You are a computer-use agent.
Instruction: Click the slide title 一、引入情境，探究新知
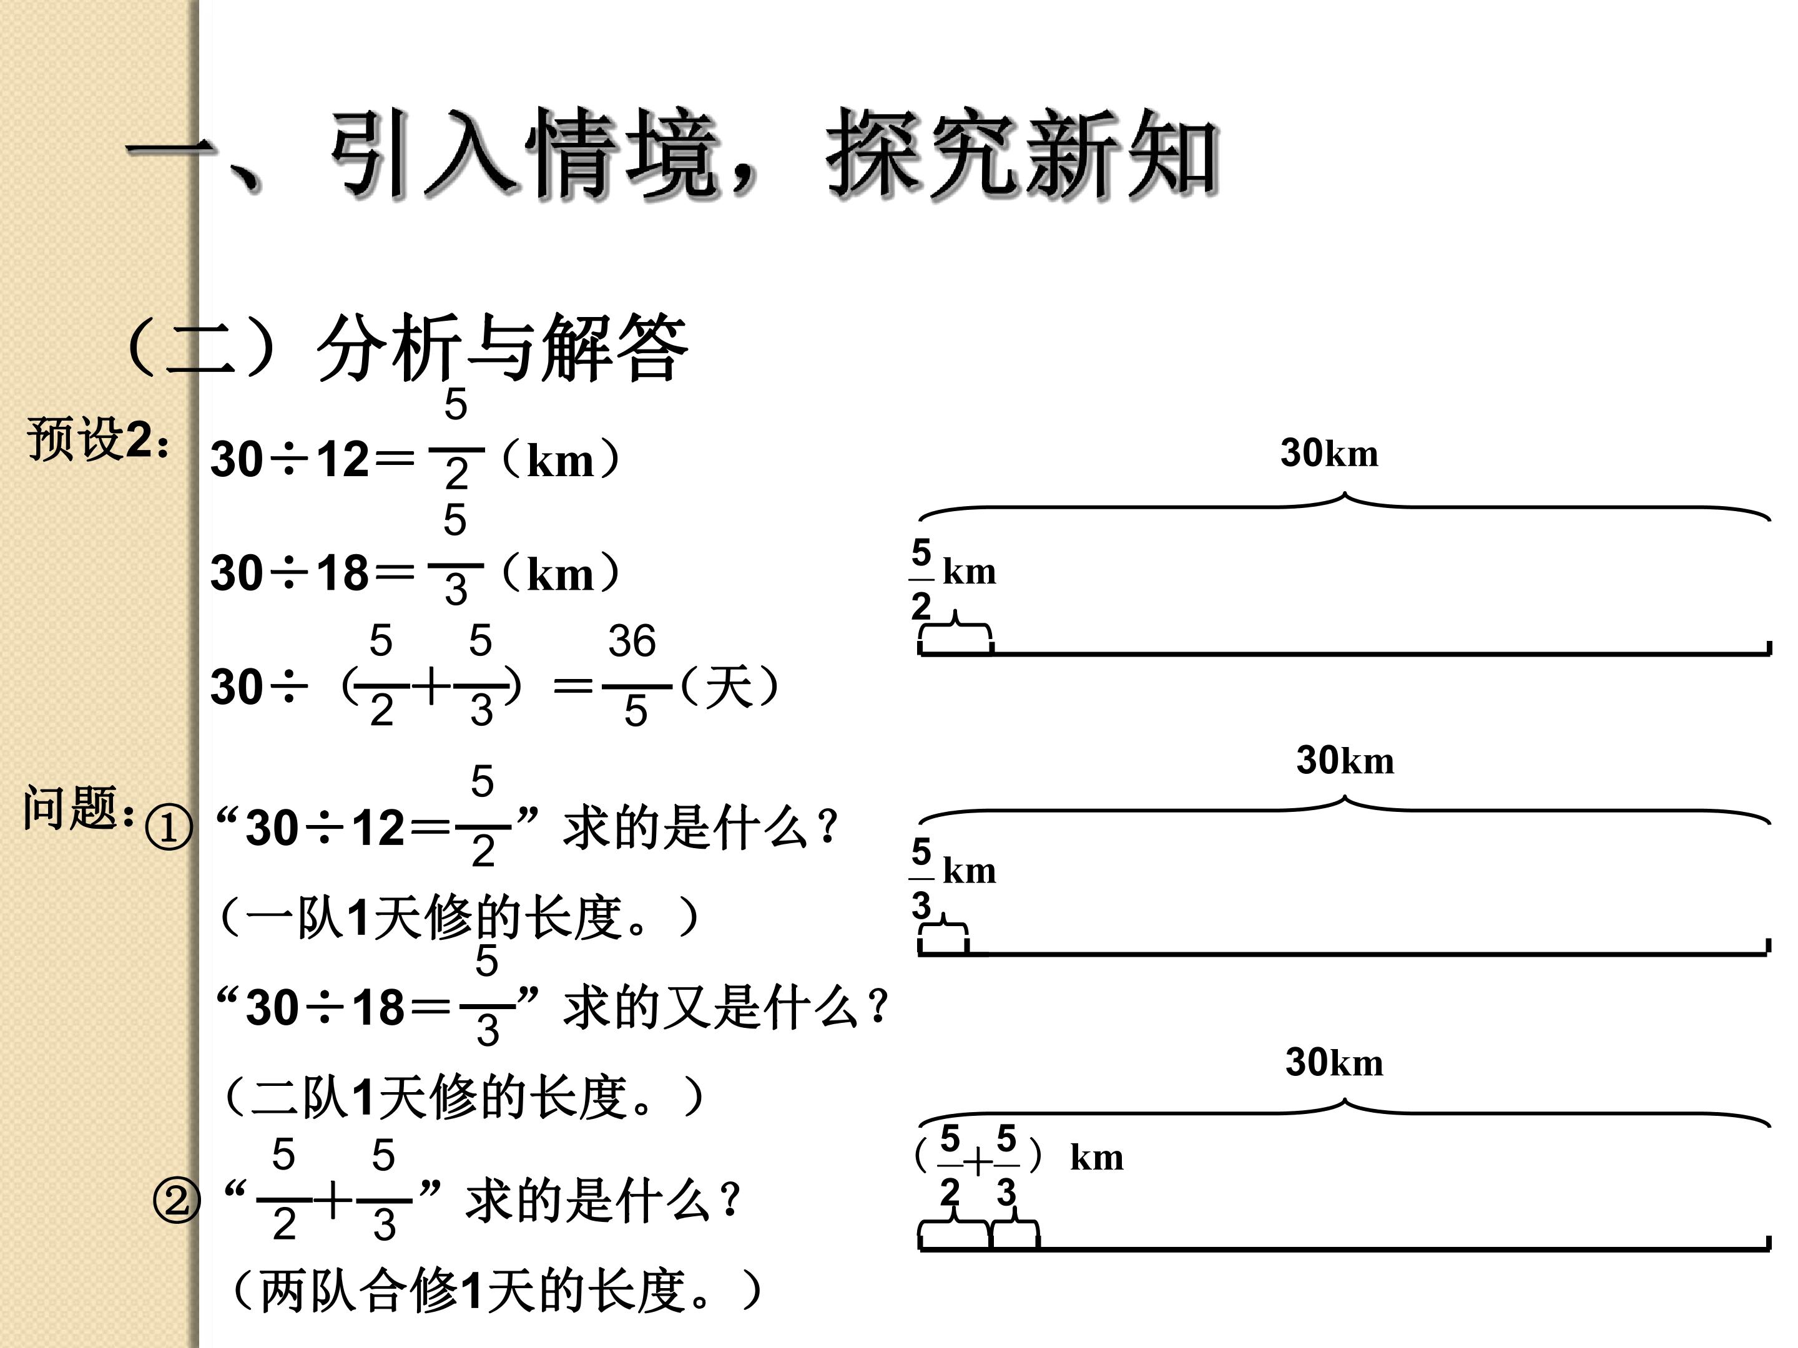pyautogui.click(x=673, y=154)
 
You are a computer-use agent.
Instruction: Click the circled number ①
pyautogui.click(x=169, y=828)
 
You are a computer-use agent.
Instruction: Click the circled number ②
pyautogui.click(x=177, y=1201)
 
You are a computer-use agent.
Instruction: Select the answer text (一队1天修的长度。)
pyautogui.click(x=459, y=917)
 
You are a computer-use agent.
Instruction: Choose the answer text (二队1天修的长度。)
pyautogui.click(x=463, y=1097)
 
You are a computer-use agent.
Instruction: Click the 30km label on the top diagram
pyautogui.click(x=1330, y=452)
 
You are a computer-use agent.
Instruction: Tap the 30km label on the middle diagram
pyautogui.click(x=1345, y=759)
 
